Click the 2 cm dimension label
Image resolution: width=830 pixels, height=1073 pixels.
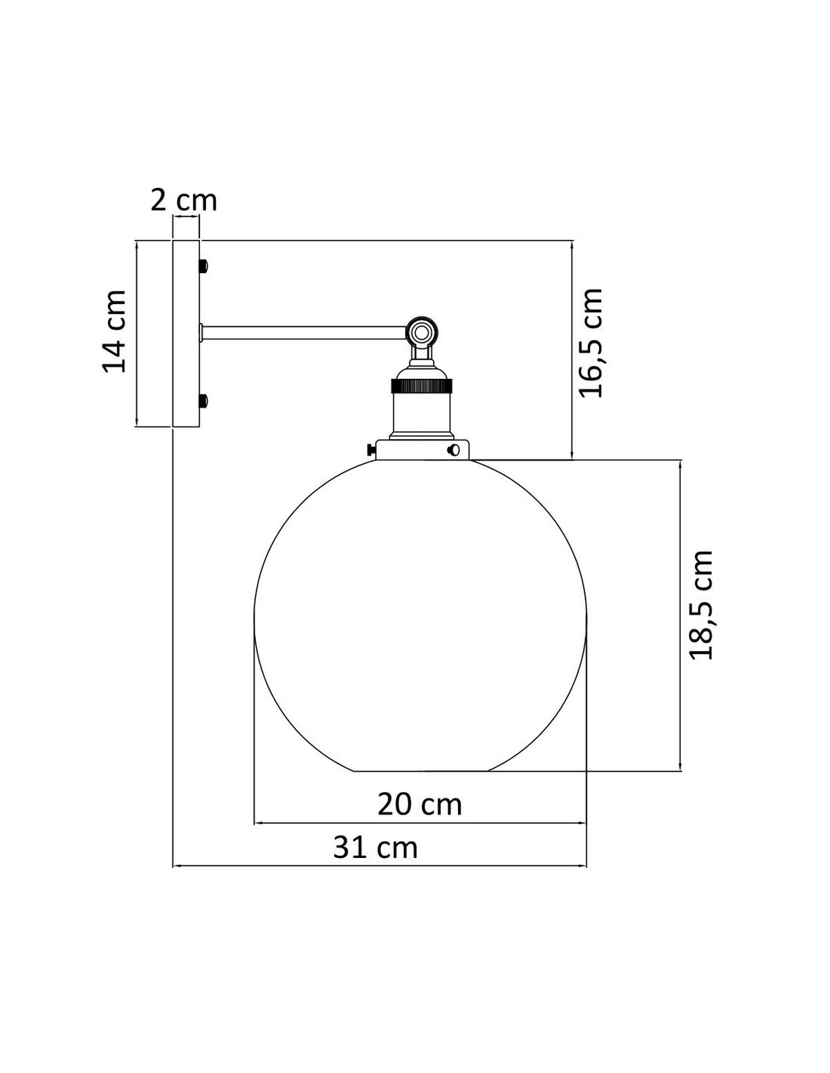[184, 200]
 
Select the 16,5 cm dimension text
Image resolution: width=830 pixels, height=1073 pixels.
[591, 343]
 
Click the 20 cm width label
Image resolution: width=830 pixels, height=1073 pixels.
[419, 804]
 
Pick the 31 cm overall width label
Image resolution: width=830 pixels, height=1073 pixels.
[376, 847]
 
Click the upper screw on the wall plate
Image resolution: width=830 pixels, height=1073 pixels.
[203, 265]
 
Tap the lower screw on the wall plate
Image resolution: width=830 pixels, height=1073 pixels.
[203, 400]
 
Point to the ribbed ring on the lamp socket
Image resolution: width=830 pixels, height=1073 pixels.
[421, 384]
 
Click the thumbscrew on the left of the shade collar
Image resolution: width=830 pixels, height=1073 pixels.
[372, 449]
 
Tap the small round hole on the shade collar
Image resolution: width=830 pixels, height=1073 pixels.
[454, 450]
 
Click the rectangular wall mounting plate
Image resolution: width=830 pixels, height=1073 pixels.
[185, 333]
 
